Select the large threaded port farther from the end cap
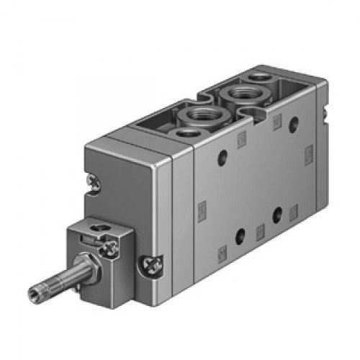[x=237, y=94]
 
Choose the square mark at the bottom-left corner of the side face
[x=222, y=251]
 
